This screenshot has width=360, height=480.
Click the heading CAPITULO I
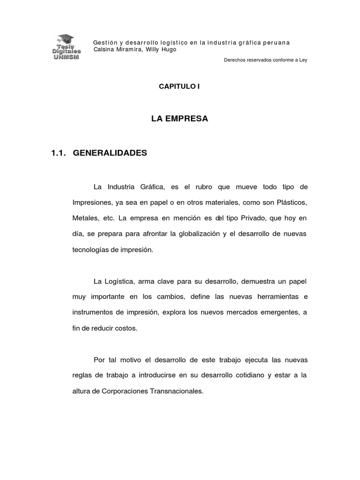[180, 87]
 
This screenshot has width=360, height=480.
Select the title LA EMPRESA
[180, 119]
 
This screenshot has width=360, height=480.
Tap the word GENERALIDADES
[110, 153]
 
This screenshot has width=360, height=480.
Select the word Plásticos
[290, 202]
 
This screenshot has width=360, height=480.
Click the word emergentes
[275, 312]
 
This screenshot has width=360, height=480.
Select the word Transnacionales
[175, 391]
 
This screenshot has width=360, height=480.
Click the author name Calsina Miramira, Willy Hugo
[135, 50]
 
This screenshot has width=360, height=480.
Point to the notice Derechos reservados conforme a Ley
[266, 60]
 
